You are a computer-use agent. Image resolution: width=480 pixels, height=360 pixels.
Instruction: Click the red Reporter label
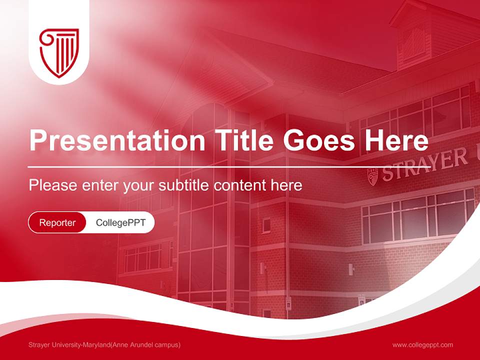tap(57, 222)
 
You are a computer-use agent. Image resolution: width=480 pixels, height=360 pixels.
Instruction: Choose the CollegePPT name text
tap(120, 222)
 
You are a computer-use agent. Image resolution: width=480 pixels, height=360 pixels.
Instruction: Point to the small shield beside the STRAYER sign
tap(372, 176)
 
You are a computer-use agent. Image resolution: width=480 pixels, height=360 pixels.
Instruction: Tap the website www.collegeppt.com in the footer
tap(422, 344)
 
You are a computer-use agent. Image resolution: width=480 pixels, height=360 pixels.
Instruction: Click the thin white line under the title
tap(215, 166)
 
